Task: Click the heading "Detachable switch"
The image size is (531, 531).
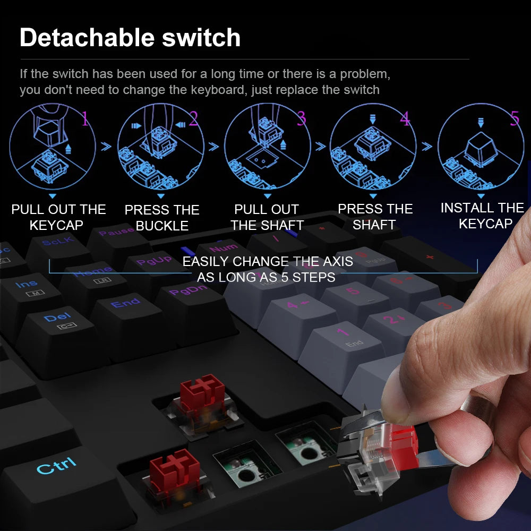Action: (130, 38)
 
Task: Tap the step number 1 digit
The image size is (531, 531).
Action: (85, 119)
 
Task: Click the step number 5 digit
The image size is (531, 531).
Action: (514, 118)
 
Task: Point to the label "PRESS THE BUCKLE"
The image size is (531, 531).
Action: (162, 218)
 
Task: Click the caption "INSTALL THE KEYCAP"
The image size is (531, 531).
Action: (482, 216)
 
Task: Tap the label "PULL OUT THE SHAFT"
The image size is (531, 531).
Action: (267, 217)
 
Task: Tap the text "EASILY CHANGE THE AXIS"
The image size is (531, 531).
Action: (268, 261)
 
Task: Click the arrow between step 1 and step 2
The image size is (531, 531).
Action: (106, 146)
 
